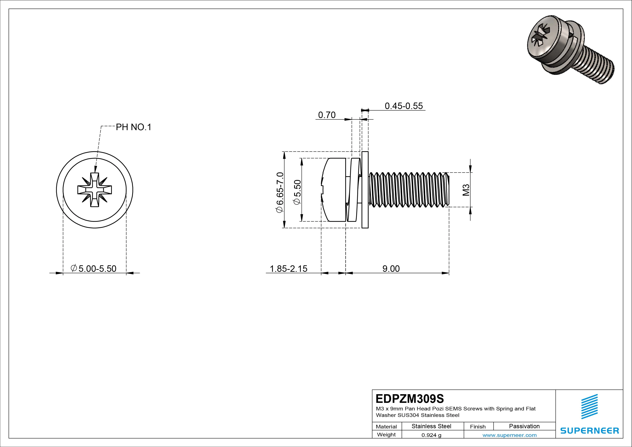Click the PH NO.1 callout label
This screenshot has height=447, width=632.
pos(133,127)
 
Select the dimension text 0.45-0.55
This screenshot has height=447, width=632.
pos(404,106)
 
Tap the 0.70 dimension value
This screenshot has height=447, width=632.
pos(327,115)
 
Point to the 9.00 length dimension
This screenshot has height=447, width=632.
pos(391,269)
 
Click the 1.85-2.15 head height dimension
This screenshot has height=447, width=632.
pos(288,269)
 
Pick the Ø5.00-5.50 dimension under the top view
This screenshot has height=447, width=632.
pos(94,269)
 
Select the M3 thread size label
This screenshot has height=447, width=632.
pos(466,190)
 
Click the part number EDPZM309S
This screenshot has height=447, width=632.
pos(410,399)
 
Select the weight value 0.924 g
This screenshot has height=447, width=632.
pos(431,435)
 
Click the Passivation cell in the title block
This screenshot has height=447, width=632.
pos(524,426)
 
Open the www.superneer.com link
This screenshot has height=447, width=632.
pos(509,435)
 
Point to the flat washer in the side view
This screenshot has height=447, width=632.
pos(365,190)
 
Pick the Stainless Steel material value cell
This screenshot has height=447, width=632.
pos(431,426)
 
